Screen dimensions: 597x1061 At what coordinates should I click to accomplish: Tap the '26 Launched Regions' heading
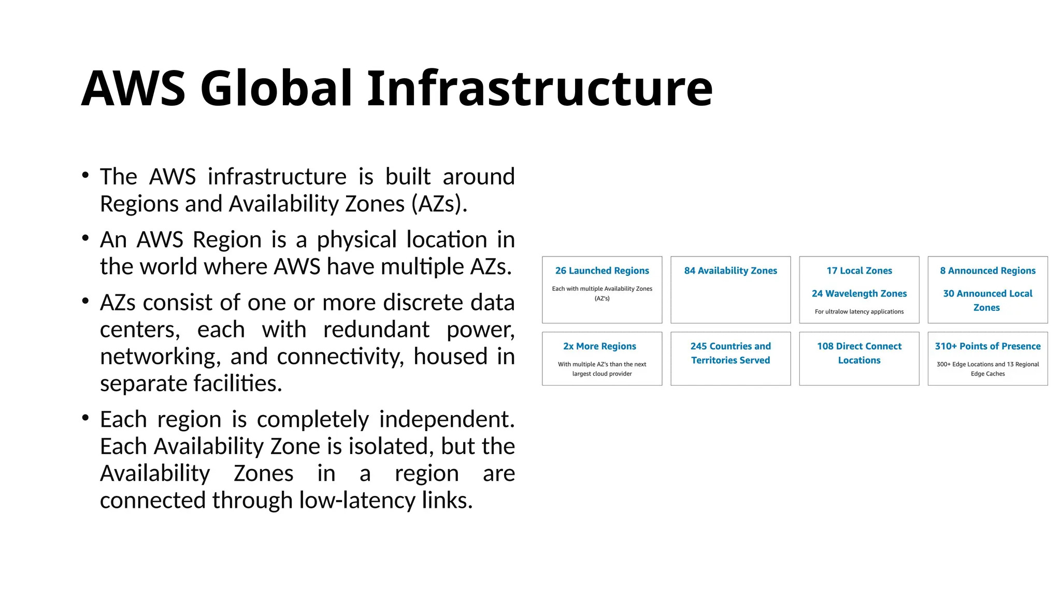[602, 271]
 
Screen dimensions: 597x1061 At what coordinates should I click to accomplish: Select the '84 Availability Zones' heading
[730, 271]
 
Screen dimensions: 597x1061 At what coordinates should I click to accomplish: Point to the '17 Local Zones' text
[859, 271]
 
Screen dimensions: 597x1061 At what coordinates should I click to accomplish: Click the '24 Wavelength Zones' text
[859, 293]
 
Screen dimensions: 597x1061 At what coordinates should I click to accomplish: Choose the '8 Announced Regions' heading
[987, 271]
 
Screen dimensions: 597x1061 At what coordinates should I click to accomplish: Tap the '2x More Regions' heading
[599, 346]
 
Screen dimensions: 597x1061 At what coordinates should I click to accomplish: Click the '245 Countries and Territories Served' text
[730, 353]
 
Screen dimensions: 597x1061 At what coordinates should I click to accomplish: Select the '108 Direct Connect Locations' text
[859, 353]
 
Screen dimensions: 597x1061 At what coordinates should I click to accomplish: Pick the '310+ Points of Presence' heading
[987, 346]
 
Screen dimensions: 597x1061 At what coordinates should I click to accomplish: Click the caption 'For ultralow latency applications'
[859, 311]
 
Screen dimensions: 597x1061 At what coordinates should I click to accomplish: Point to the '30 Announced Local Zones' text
[987, 300]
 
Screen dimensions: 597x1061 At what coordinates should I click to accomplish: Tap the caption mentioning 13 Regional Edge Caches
[987, 368]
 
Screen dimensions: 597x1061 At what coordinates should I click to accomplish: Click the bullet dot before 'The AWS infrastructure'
[85, 175]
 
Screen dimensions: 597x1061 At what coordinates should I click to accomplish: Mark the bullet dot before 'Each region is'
[85, 418]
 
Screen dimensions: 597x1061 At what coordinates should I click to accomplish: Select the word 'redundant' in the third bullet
[376, 330]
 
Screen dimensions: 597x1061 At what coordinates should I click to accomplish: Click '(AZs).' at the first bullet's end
[439, 204]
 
